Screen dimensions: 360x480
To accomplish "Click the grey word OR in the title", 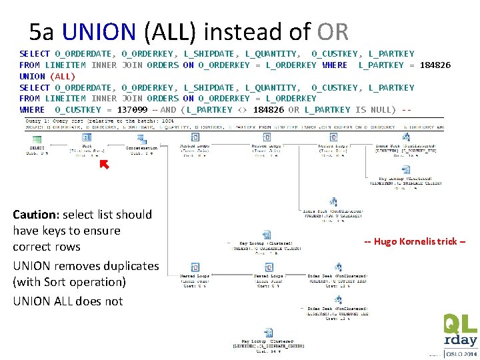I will pos(332,31).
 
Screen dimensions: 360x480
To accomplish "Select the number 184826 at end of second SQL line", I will pos(435,65).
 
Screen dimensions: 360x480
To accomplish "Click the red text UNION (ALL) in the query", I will pos(47,76).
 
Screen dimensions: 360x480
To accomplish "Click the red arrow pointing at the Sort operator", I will pos(103,164).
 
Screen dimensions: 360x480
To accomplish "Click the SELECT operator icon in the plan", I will pos(34,139).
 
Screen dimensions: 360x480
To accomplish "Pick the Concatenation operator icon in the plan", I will pos(141,139).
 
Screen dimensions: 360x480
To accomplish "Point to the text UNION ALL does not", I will pos(67,301).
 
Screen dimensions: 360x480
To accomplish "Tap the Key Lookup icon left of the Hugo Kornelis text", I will pos(265,235).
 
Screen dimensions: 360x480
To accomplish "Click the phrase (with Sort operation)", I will pos(69,281).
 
